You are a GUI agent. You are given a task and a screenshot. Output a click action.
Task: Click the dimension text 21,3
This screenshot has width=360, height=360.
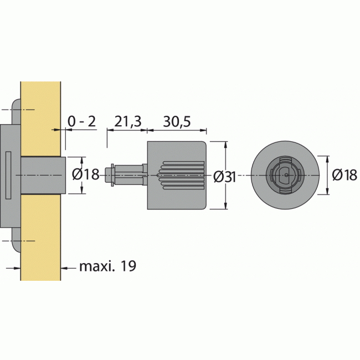(x=126, y=121)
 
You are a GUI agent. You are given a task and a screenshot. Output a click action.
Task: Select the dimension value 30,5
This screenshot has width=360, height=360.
(x=176, y=121)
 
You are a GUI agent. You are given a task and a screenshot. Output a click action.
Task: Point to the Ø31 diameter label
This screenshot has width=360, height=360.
(x=224, y=176)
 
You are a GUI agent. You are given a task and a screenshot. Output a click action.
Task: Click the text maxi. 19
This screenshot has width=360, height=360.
(x=107, y=266)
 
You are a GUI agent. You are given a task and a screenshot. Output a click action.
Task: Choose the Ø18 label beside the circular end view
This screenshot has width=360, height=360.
(x=344, y=175)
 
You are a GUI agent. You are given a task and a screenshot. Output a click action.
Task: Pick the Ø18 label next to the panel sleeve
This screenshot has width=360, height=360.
(x=86, y=175)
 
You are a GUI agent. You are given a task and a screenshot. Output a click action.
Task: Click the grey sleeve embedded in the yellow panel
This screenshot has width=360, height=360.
(x=43, y=175)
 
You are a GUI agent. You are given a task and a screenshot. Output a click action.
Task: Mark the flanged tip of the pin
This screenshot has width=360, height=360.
(x=112, y=175)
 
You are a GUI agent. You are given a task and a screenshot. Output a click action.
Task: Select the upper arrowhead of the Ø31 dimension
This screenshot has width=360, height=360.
(x=225, y=145)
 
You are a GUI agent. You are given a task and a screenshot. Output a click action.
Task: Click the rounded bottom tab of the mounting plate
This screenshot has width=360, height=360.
(x=17, y=246)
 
